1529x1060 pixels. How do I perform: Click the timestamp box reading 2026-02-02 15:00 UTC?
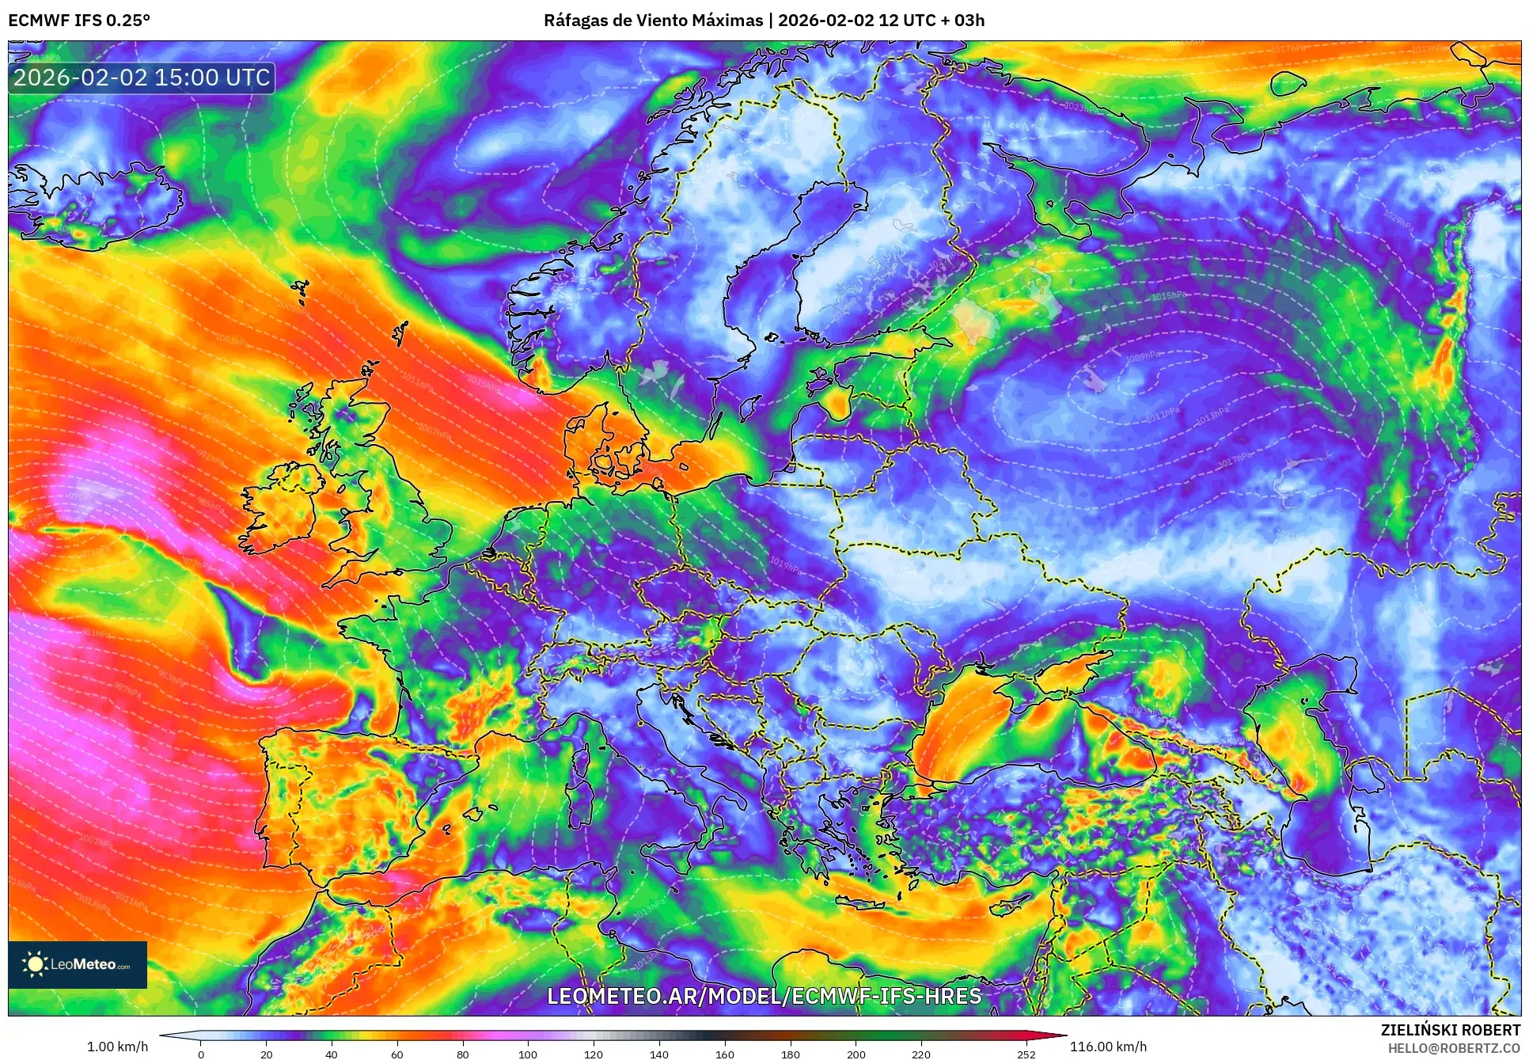click(142, 78)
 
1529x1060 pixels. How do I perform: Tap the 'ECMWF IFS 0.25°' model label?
click(79, 21)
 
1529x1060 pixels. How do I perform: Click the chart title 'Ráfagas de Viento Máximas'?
click(653, 21)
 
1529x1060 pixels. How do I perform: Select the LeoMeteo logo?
click(78, 964)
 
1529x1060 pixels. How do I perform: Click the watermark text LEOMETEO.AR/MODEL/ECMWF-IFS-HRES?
click(764, 996)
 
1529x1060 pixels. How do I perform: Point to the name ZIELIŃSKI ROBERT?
click(1450, 1030)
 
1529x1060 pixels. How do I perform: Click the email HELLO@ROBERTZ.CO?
click(1454, 1048)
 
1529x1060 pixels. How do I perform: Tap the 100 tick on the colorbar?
click(528, 1054)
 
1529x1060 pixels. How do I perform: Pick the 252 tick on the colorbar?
click(1026, 1054)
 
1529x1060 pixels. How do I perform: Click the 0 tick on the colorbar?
click(201, 1054)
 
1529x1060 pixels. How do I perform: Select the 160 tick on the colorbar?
click(724, 1054)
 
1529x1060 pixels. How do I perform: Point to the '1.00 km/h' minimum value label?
click(117, 1047)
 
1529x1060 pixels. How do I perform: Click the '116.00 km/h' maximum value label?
click(1108, 1047)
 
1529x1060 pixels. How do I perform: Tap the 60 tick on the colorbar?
click(397, 1054)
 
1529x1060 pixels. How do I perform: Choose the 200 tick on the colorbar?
click(856, 1054)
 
